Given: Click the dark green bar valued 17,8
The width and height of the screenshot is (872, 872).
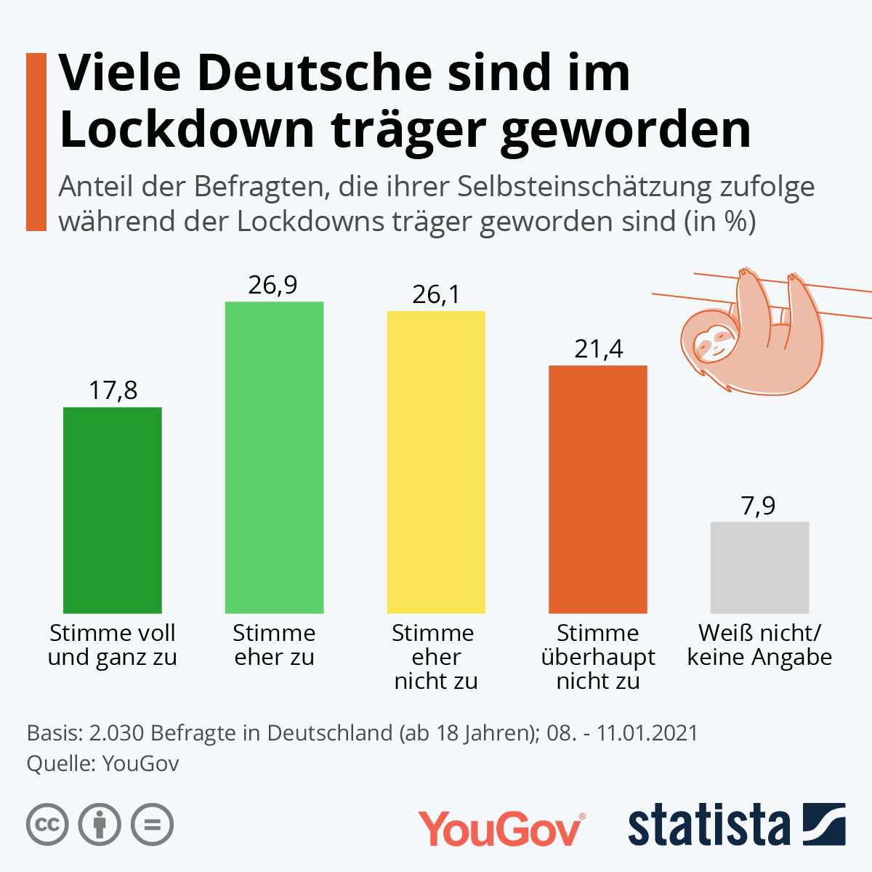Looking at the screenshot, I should point(113,510).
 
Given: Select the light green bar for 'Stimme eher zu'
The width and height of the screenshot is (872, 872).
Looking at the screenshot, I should point(274,458).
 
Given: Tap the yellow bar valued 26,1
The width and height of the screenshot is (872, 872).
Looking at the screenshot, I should point(436,462).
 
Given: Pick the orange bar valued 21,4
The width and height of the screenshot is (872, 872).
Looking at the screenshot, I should point(597,489).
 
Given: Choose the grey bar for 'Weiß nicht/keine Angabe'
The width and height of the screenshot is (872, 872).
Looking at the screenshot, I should point(759,568).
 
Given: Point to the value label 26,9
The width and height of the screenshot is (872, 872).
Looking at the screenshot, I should point(272,285).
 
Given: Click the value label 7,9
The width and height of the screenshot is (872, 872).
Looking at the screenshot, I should point(759,506).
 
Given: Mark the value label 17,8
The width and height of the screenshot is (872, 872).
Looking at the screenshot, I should point(113,391).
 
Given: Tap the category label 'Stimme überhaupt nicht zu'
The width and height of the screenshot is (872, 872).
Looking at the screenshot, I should point(597,657).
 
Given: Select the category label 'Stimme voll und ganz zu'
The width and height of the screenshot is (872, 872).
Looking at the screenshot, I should point(113,645).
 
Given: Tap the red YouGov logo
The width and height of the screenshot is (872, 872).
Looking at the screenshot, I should point(501,828).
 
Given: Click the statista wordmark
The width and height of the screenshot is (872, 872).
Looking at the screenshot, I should point(708,826).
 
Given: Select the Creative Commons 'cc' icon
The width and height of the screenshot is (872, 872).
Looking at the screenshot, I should point(47,825).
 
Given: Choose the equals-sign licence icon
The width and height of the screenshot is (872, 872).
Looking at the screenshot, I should point(152,825).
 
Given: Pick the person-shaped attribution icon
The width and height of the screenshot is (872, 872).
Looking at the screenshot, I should point(100,825).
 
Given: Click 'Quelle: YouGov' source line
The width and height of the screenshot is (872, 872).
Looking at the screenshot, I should point(102,764).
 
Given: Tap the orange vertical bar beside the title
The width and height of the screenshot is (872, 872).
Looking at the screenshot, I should point(36,142).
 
